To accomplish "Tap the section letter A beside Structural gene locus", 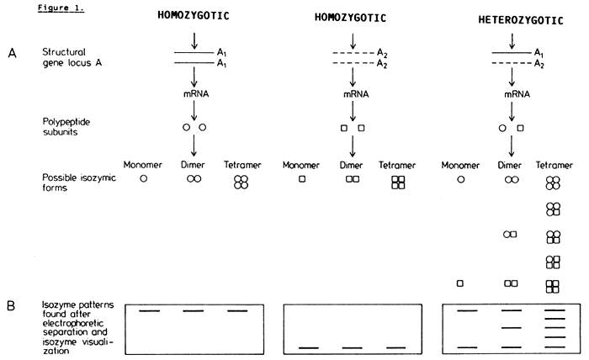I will pyautogui.click(x=10, y=55).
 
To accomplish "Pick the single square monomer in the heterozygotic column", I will pyautogui.click(x=460, y=284).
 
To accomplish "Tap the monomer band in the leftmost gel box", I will pyautogui.click(x=149, y=310).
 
